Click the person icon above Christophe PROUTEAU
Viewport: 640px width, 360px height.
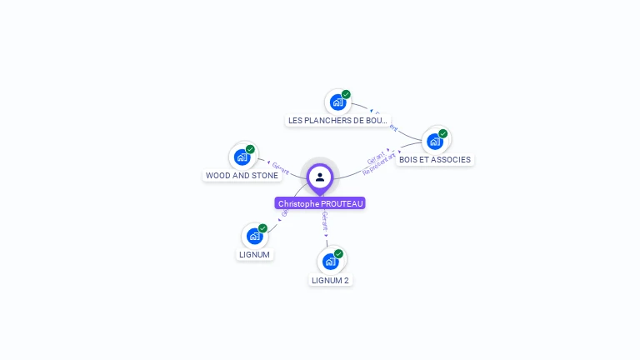click(320, 177)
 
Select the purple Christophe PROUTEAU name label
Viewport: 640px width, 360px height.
click(321, 203)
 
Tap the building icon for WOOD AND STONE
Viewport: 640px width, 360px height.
click(242, 157)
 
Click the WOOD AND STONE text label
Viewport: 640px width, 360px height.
click(242, 176)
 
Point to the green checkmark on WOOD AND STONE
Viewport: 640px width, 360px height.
click(250, 149)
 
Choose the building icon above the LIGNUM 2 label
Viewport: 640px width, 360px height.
click(330, 262)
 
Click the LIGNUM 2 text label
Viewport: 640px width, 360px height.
click(330, 281)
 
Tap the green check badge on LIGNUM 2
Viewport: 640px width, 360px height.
click(338, 253)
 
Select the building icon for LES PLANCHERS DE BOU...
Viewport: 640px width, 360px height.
click(337, 102)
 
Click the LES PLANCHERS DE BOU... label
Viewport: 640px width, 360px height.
click(337, 121)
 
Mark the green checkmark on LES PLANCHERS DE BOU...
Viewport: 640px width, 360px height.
click(346, 94)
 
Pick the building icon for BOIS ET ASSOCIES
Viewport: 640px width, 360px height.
click(434, 142)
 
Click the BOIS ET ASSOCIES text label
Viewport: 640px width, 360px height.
click(434, 160)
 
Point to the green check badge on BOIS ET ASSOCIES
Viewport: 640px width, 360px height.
click(442, 133)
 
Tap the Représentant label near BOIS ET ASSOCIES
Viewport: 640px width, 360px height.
click(380, 163)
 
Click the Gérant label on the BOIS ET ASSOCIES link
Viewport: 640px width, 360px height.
click(376, 156)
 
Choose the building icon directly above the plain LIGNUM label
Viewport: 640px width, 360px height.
click(254, 236)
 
